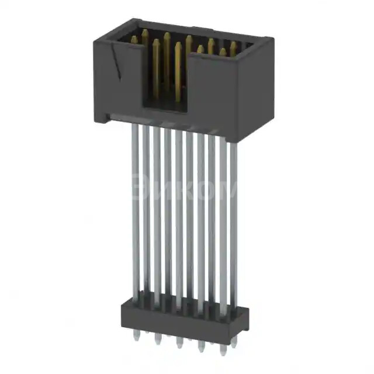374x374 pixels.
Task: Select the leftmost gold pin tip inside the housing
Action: (x=134, y=40)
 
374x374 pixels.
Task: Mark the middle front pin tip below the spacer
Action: (x=179, y=342)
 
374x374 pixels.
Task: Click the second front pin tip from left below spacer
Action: (x=158, y=340)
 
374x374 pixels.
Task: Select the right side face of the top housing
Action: (x=255, y=88)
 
